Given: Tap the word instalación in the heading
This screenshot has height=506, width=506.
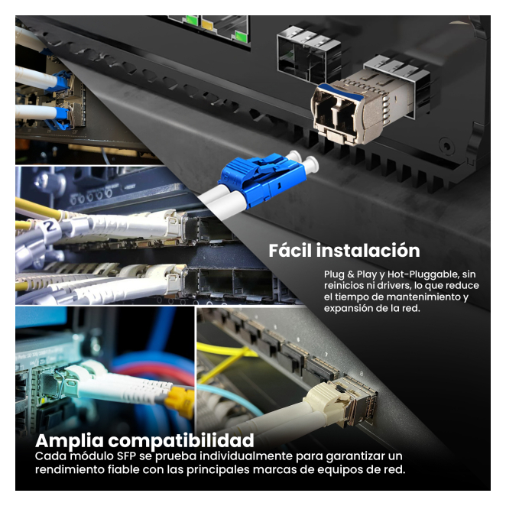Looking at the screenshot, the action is tap(368, 251).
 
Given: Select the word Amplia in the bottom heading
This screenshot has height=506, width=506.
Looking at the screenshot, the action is tap(70, 441).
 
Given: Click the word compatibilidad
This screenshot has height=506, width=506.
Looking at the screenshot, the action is tap(181, 441).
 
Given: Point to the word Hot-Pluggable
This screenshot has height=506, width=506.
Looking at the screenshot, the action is tap(423, 274).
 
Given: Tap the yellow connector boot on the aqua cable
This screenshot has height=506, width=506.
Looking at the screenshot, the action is tap(179, 401).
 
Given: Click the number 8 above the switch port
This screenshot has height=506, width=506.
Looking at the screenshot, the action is tap(361, 374).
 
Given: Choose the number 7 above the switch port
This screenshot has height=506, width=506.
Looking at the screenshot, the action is tap(326, 355).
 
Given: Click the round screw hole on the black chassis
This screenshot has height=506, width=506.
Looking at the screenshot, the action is tap(446, 146).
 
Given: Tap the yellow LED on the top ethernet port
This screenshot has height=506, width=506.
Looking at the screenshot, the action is tap(207, 25).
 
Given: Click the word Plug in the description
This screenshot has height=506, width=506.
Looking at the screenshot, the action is tap(334, 274).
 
